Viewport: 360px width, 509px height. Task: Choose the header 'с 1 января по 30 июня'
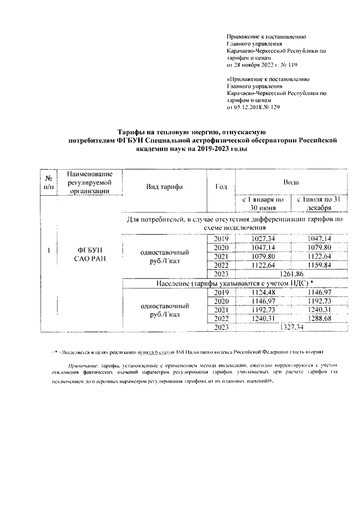262,203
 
